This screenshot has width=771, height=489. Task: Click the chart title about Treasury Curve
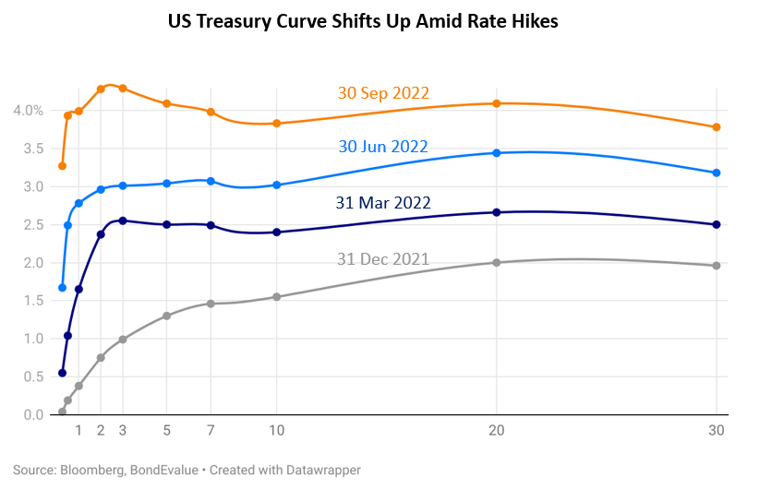[363, 21]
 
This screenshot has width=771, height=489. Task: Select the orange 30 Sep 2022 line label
[383, 93]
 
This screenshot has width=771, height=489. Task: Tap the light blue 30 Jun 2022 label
[383, 147]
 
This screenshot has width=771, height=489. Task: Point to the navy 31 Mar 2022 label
[383, 202]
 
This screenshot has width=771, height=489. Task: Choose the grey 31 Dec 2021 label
[383, 259]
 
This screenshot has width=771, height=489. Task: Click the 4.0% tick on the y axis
[28, 111]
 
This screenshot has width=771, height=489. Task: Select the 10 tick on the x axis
[277, 430]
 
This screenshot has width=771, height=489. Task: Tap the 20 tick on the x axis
[497, 430]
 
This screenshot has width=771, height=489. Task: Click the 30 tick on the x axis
[717, 430]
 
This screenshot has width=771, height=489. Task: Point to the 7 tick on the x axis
[211, 430]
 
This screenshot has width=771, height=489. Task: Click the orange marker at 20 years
[497, 103]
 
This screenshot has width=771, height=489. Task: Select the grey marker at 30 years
[717, 266]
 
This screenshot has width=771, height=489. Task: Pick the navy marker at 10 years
[277, 233]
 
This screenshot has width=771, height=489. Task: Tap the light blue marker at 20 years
[497, 153]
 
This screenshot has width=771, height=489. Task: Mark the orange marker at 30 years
[717, 127]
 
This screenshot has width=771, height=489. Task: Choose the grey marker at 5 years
[167, 316]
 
